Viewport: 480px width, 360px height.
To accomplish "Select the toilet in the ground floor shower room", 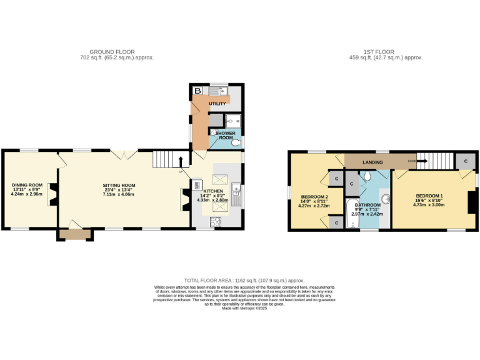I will (x=236, y=142).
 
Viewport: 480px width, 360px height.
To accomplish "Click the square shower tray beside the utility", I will (x=232, y=120).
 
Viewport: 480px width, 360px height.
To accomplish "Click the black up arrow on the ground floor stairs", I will (x=182, y=161).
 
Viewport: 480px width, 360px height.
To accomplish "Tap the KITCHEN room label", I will (x=212, y=190).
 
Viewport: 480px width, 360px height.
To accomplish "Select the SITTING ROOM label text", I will (x=119, y=185).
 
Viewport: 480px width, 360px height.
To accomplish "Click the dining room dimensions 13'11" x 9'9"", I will (x=27, y=190).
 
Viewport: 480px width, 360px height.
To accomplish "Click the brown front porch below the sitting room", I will (x=75, y=234).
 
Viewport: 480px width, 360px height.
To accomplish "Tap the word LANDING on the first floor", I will (x=372, y=162).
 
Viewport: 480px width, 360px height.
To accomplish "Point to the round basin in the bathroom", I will (x=386, y=199).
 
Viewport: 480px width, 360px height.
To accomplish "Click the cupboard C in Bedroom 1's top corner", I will (x=465, y=161).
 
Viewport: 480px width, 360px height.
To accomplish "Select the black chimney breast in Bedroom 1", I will (x=473, y=202).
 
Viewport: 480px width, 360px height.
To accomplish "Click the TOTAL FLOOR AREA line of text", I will (x=244, y=281).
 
